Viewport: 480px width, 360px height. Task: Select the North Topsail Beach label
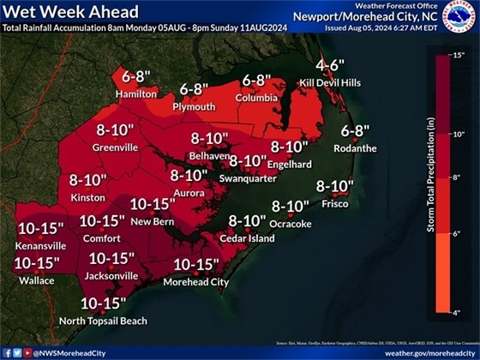tap(103, 321)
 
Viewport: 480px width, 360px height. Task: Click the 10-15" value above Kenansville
tap(40, 229)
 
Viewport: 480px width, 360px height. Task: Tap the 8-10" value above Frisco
tap(335, 186)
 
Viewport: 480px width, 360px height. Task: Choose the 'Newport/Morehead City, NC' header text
tap(381, 17)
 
